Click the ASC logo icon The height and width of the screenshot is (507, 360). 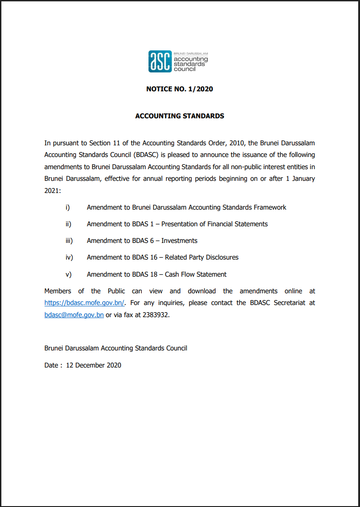pos(160,62)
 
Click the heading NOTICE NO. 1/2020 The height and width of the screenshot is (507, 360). pos(180,89)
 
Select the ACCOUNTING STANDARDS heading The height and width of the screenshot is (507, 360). pos(180,116)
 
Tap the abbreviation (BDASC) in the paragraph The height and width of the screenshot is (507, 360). pos(145,155)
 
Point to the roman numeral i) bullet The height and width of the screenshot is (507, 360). pos(68,207)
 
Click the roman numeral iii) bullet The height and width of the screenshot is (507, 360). pos(69,241)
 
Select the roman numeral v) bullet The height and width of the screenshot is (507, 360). pos(68,274)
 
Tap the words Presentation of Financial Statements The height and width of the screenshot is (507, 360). pos(215,224)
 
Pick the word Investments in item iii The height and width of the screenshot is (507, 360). pos(180,241)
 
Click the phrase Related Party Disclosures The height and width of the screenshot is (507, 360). pos(202,257)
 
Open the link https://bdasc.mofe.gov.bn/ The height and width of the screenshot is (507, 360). pos(85,303)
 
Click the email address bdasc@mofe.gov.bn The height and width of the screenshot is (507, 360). pos(74,315)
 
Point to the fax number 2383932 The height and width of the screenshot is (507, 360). pos(155,315)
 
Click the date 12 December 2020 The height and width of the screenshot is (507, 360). pos(94,365)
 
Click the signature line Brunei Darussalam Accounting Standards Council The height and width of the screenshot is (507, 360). pos(116,348)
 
